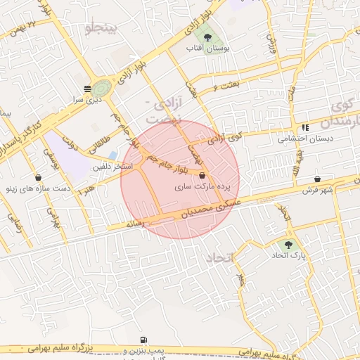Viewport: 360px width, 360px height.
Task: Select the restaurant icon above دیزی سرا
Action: (86, 89)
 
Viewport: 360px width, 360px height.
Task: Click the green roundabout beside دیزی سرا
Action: (101, 89)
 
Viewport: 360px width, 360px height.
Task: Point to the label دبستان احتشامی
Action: (303, 139)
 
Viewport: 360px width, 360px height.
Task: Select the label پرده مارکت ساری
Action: (207, 187)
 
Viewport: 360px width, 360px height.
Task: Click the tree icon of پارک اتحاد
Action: (288, 244)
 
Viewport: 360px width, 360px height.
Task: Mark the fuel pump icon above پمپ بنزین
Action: (144, 340)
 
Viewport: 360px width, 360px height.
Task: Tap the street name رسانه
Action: (134, 223)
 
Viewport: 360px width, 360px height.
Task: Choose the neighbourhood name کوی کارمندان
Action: (345, 114)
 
